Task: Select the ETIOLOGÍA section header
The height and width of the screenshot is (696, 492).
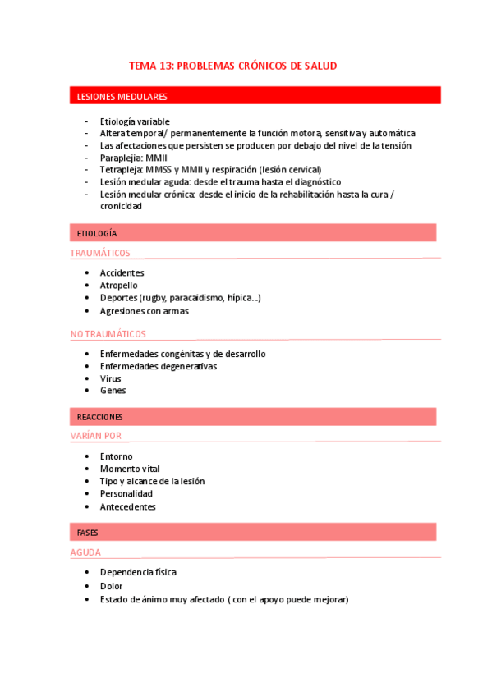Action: [x=97, y=233]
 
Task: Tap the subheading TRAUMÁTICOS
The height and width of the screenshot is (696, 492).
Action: [x=100, y=253]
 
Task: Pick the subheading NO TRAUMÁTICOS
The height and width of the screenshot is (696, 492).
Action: [x=108, y=334]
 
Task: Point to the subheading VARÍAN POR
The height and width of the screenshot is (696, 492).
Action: [x=95, y=436]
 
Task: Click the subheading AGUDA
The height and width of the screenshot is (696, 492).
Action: [x=85, y=552]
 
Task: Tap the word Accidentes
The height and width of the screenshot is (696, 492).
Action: [x=122, y=272]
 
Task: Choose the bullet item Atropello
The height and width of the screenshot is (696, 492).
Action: [x=119, y=286]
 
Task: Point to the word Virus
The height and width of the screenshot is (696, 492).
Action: [x=110, y=378]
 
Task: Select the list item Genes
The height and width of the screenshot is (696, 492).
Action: [x=113, y=391]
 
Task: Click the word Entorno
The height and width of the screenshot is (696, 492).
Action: [x=116, y=456]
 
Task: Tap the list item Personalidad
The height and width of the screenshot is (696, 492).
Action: [x=126, y=494]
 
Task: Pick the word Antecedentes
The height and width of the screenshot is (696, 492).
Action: [x=127, y=506]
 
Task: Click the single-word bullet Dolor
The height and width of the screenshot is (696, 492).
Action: [x=111, y=586]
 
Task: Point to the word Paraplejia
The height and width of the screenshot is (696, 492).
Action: [x=120, y=158]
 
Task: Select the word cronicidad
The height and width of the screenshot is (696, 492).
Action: [x=121, y=207]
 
